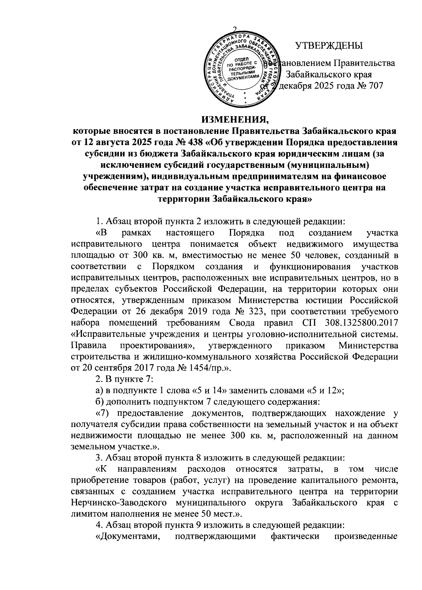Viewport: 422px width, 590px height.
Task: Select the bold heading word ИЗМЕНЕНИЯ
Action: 235,120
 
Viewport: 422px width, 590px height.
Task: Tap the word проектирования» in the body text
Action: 157,345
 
